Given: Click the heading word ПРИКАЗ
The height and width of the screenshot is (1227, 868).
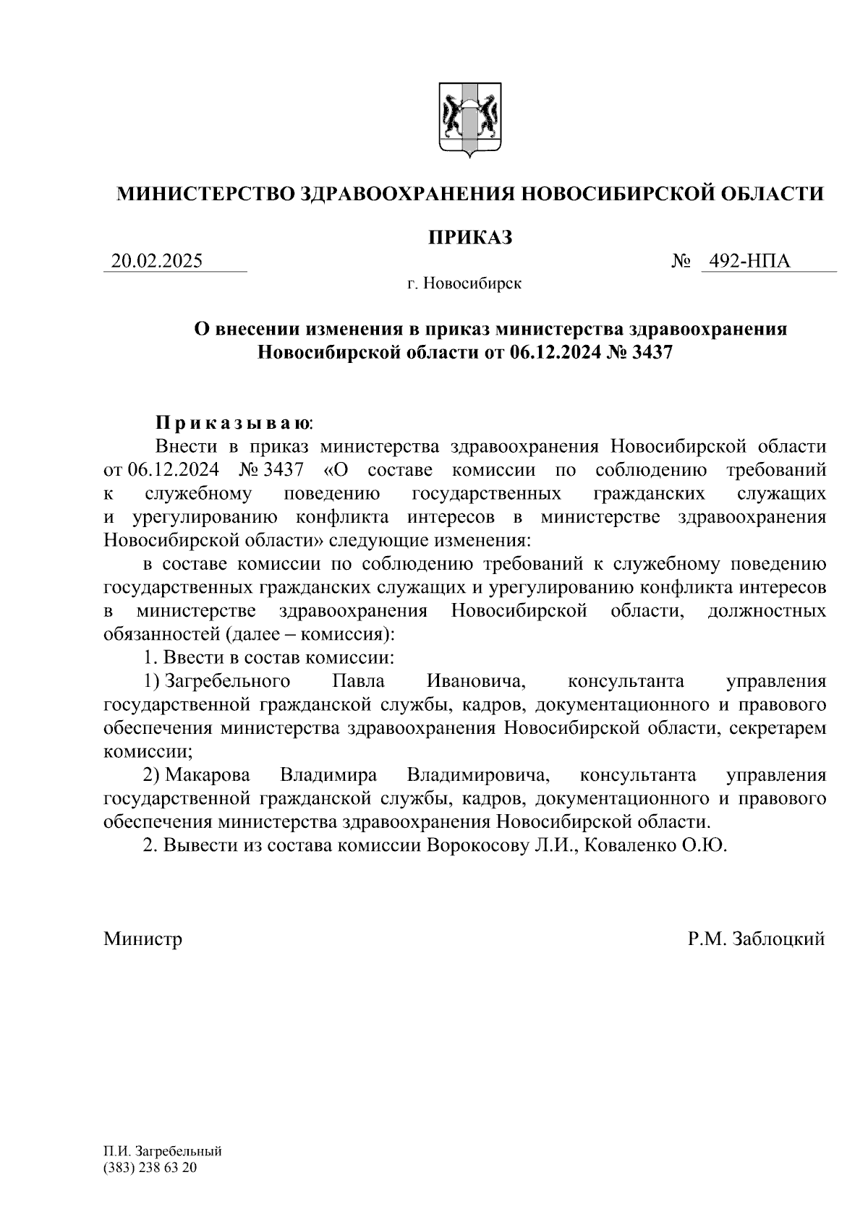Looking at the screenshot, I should [x=470, y=237].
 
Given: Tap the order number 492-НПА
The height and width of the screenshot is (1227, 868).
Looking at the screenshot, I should [x=749, y=261].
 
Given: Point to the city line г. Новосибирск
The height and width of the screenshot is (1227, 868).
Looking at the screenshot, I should [x=464, y=283].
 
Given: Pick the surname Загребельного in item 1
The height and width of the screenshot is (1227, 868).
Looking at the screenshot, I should [x=227, y=681].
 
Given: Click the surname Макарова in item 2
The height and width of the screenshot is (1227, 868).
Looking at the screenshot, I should [x=207, y=776].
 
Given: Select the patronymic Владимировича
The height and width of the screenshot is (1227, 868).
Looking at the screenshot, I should [x=478, y=776].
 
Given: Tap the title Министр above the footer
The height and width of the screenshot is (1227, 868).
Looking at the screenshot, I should [x=142, y=939].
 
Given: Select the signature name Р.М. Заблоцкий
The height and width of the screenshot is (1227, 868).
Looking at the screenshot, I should [x=757, y=939].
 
